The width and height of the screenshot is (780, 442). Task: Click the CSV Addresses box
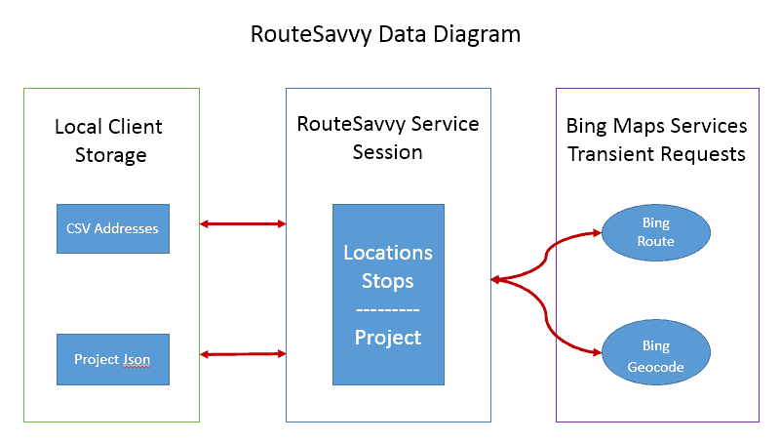click(113, 228)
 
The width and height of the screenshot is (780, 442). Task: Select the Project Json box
click(113, 359)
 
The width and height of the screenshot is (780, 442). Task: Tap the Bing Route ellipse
click(656, 232)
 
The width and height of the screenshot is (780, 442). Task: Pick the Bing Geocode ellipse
click(656, 352)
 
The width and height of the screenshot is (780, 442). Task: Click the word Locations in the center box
click(388, 253)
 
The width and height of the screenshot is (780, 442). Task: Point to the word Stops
click(387, 281)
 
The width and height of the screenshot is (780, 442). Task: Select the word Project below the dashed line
click(388, 338)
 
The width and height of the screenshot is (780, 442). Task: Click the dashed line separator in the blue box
click(388, 310)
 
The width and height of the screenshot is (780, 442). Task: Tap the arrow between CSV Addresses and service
click(243, 224)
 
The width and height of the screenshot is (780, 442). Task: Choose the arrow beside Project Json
click(243, 354)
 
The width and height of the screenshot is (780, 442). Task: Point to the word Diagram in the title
click(477, 35)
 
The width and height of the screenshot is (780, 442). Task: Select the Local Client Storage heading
click(109, 141)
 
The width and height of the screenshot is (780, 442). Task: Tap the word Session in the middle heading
click(387, 152)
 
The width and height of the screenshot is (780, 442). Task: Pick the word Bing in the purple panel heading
click(587, 127)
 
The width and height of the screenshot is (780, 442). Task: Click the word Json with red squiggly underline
click(136, 360)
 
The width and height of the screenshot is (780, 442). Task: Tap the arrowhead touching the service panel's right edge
click(496, 280)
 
